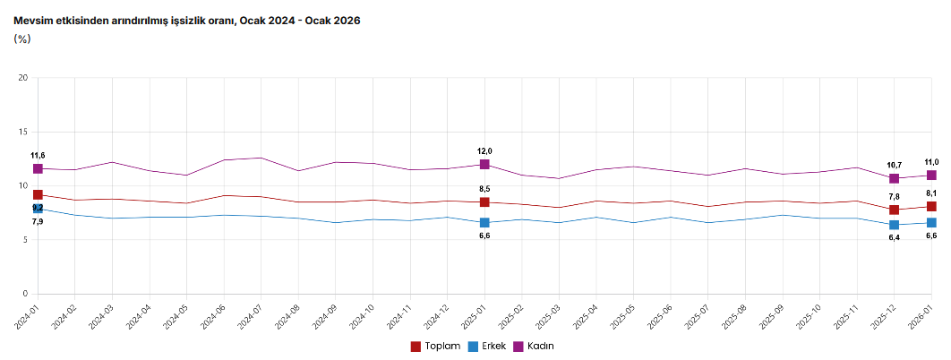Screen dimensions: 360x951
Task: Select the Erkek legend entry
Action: pyautogui.click(x=486, y=346)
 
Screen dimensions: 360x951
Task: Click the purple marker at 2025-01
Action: pyautogui.click(x=484, y=165)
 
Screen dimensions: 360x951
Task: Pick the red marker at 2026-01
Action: pyautogui.click(x=931, y=207)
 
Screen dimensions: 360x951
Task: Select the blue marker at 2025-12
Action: pyautogui.click(x=894, y=225)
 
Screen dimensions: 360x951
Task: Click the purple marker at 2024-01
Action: pyautogui.click(x=38, y=168)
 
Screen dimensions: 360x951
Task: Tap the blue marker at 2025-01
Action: pyautogui.click(x=484, y=222)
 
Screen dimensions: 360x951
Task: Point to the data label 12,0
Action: pyautogui.click(x=484, y=151)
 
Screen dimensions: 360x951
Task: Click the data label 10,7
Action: pyautogui.click(x=894, y=165)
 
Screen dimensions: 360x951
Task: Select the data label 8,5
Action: pyautogui.click(x=484, y=189)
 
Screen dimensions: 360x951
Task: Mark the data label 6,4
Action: pyautogui.click(x=894, y=237)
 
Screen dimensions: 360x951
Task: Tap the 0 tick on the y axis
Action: pyautogui.click(x=26, y=294)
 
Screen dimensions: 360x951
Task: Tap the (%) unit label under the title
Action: pyautogui.click(x=22, y=39)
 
